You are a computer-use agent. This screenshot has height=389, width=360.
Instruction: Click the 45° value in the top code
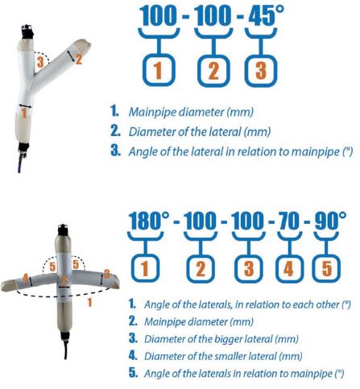click(266, 15)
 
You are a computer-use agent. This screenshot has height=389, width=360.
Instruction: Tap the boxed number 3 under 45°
click(261, 71)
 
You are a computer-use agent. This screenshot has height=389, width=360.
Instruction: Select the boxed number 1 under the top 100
click(159, 70)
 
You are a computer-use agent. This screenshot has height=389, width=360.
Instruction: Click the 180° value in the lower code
click(149, 220)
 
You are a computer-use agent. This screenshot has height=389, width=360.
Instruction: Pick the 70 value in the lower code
click(289, 221)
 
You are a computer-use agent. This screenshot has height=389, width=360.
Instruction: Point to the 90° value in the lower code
click(330, 221)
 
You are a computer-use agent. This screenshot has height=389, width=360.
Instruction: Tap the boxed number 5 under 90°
click(326, 268)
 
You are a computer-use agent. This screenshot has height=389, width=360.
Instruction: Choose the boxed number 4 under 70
click(289, 268)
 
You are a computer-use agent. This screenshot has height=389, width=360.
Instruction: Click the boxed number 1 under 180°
click(145, 268)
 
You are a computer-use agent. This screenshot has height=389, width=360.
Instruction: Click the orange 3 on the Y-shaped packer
click(40, 62)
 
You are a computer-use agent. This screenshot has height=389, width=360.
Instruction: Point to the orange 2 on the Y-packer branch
click(79, 59)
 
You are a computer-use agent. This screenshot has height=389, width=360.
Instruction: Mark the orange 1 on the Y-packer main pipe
click(24, 113)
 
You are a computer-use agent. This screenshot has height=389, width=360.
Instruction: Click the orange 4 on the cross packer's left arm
click(26, 279)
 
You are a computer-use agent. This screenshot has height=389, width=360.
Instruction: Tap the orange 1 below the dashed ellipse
click(89, 303)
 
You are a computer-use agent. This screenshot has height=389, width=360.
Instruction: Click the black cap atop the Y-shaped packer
click(27, 32)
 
